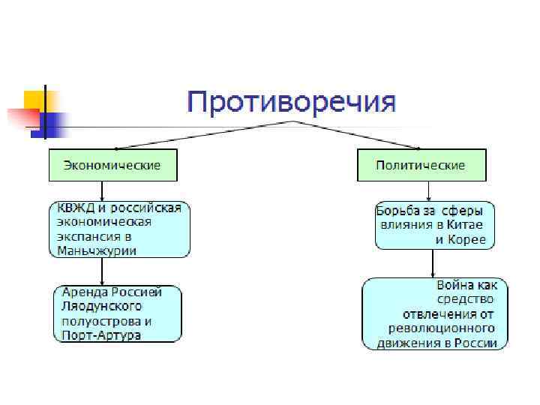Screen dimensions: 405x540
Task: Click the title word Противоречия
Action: click(291, 102)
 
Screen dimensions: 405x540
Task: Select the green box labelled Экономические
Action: click(112, 165)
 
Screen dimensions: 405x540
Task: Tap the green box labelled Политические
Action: click(421, 165)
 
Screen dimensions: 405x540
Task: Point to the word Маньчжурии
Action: click(97, 250)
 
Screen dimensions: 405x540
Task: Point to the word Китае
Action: click(467, 226)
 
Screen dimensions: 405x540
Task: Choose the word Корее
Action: click(469, 241)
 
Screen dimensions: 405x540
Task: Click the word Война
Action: click(457, 286)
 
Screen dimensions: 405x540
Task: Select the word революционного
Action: click(442, 328)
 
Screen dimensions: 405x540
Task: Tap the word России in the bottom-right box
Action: click(478, 343)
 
